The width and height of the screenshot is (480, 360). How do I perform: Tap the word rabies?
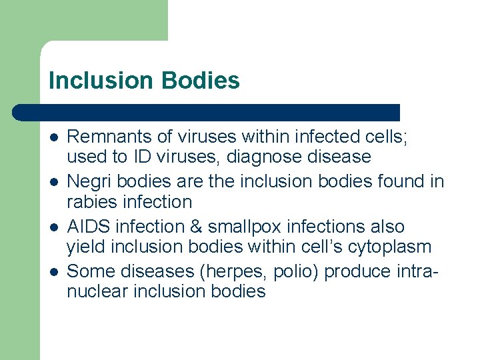89,202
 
